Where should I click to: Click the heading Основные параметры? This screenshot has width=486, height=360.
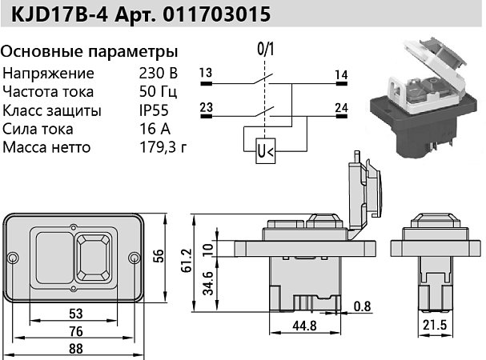tap(89, 52)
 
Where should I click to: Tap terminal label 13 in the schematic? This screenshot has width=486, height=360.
tap(206, 74)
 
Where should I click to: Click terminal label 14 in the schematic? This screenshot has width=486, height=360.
tap(342, 74)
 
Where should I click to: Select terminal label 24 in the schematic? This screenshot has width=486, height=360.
tap(342, 106)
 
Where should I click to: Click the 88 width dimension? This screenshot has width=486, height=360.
tap(76, 349)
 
